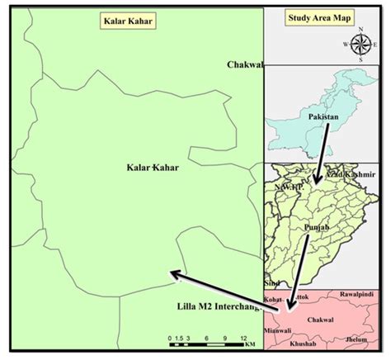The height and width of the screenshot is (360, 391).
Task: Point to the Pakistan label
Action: (x=324, y=117)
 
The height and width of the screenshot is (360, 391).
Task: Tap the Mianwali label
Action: (x=277, y=329)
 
